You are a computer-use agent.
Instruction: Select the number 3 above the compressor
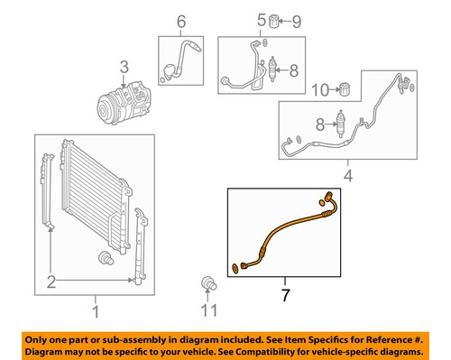124,65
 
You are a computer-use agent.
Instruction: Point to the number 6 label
180,22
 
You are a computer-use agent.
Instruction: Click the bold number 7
285,294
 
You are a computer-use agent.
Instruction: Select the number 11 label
209,311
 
